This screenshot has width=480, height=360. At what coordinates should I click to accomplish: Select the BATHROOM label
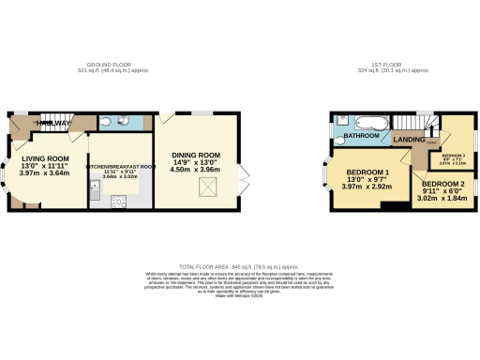[361, 137]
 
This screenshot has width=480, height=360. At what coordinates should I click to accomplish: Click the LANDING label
[410, 140]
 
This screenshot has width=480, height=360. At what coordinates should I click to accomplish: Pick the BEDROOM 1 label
[368, 174]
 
